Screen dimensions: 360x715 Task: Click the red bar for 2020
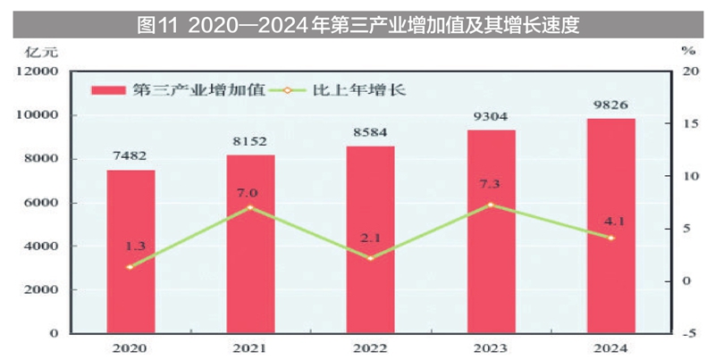(x=130, y=251)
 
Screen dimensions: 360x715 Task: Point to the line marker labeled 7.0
(x=250, y=207)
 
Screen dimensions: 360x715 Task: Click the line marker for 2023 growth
(x=491, y=205)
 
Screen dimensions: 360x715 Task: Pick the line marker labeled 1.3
(x=130, y=267)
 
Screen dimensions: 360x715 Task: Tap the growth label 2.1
(x=370, y=239)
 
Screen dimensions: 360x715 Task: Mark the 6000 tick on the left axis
(x=44, y=203)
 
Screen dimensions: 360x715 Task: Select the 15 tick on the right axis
(x=687, y=124)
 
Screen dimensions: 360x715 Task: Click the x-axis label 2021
(x=250, y=348)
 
